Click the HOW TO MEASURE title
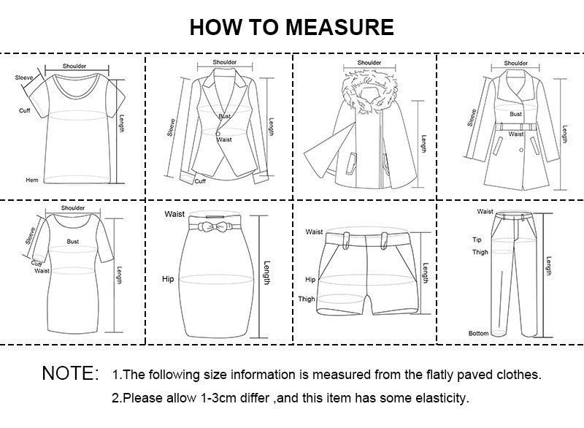pos(291,27)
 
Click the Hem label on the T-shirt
pos(31,180)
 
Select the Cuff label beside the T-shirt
pos(24,110)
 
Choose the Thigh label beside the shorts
pos(307,299)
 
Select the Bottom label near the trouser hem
pos(478,334)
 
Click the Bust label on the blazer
pos(224,117)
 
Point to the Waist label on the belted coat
pos(516,134)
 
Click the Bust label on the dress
pos(73,240)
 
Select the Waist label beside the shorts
pos(314,232)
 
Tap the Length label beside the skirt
pos(267,273)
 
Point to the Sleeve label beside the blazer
pos(172,128)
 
